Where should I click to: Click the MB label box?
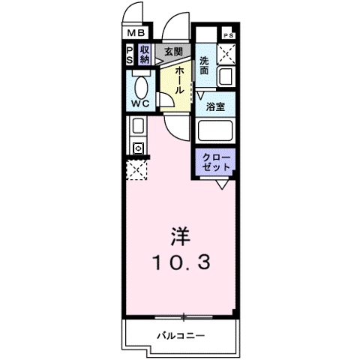point(136,33)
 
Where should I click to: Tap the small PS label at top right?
point(228,35)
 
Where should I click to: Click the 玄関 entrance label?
point(172,52)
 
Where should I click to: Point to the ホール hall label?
point(181,79)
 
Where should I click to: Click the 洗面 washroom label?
point(205,64)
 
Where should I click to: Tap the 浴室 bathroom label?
point(216,106)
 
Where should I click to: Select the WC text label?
point(139,103)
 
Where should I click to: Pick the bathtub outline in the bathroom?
point(216,130)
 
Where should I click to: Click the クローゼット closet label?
point(216,161)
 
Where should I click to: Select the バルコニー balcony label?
point(180,335)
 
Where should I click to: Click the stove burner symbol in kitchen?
point(138,148)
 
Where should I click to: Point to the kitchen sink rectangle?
point(138,127)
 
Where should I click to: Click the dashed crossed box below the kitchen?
point(137,171)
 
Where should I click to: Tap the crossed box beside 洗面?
point(226,56)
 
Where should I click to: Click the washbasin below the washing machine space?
point(226,77)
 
